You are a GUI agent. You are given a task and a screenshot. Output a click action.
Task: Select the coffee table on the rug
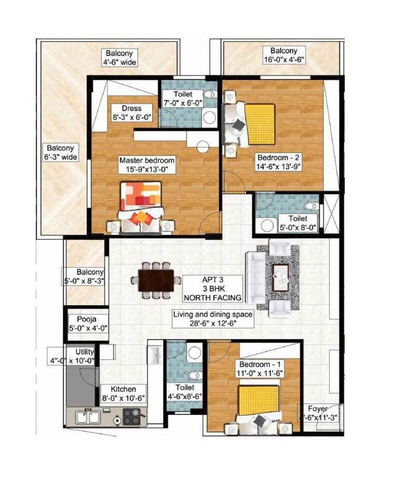point(281,275)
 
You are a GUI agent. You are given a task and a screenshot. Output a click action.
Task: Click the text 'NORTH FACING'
point(213,298)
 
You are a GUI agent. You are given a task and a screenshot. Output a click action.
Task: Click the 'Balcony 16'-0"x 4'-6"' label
point(283,55)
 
